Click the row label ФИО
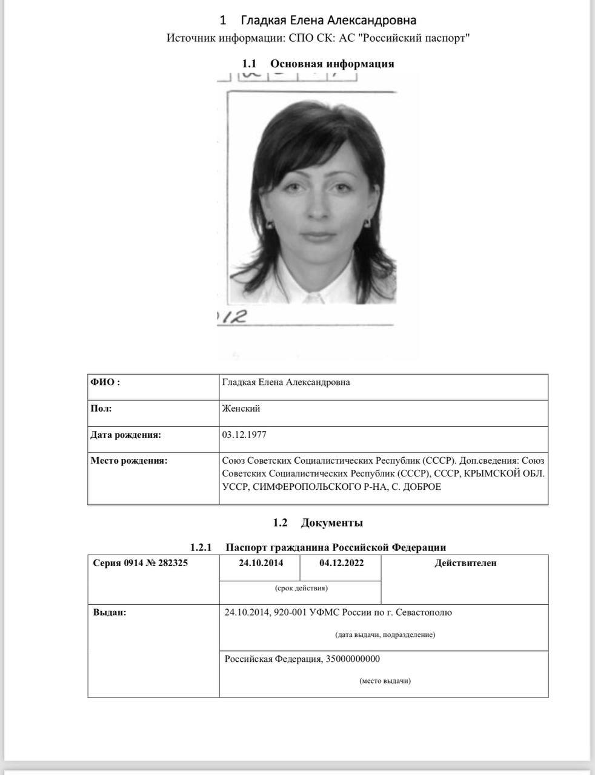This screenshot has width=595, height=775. click(105, 382)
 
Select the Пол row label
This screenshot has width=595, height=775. click(101, 409)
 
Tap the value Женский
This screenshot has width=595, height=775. click(241, 409)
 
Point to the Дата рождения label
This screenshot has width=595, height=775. click(125, 435)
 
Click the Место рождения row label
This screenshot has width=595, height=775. click(128, 461)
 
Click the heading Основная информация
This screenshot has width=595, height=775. click(332, 64)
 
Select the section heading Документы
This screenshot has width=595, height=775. click(331, 523)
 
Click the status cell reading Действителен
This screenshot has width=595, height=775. click(465, 563)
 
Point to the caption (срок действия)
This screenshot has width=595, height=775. click(301, 588)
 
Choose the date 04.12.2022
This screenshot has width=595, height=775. click(342, 563)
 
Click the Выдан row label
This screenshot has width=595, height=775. click(110, 613)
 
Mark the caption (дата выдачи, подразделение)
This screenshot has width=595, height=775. click(385, 635)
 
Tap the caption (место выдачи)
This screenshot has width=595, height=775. click(385, 681)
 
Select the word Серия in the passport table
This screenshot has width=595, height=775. click(107, 563)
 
